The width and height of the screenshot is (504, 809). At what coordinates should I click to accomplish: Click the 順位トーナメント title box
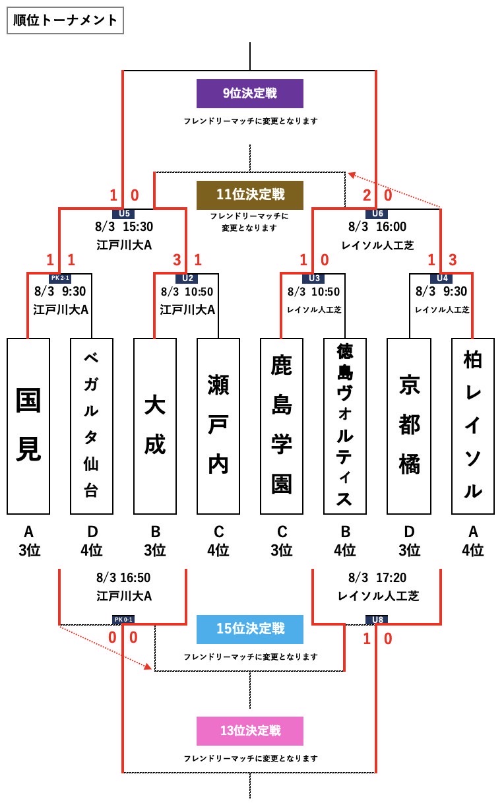[65, 20]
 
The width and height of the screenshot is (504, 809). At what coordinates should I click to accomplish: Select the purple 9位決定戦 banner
[249, 94]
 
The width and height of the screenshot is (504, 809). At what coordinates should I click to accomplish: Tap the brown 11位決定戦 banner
[249, 195]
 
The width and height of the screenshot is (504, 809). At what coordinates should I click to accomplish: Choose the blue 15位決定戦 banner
[249, 629]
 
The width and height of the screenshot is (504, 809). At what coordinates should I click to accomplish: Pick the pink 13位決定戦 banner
[249, 730]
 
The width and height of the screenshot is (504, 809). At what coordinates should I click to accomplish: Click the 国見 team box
[28, 426]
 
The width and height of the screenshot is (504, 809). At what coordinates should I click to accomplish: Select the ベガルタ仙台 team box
[92, 426]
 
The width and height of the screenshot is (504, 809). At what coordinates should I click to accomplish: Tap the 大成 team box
[155, 426]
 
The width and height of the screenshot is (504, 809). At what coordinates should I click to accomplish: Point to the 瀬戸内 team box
[218, 426]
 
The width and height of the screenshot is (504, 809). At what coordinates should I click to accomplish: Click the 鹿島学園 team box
[282, 426]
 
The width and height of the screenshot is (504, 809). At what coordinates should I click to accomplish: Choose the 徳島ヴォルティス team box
[345, 426]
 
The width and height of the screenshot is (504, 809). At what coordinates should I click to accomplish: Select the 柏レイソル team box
[473, 426]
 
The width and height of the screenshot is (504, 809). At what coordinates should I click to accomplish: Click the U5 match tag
[124, 213]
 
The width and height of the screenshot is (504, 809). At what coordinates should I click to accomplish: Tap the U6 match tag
[377, 213]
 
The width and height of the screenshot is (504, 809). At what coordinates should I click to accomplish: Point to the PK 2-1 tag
[60, 278]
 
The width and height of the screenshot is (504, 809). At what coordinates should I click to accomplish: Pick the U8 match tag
[377, 620]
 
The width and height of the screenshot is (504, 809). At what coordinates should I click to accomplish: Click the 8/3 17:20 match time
[377, 578]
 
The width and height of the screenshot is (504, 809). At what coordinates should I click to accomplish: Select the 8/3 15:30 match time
[124, 227]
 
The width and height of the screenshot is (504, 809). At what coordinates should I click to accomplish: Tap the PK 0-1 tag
[123, 620]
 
